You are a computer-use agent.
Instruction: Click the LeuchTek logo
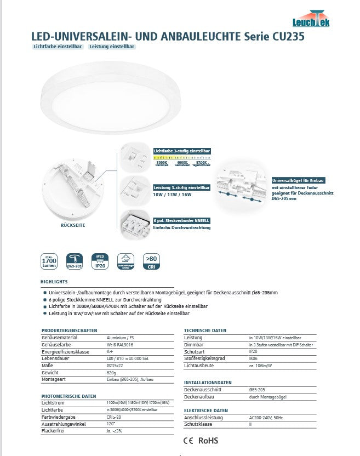coord(319,19)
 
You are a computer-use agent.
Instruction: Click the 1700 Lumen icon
coord(50,262)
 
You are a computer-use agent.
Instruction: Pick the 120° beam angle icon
coord(125,262)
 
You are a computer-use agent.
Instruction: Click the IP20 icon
coord(100,262)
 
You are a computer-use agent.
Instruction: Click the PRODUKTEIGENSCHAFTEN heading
coord(70,330)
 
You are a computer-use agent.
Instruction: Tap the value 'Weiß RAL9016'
coord(119,345)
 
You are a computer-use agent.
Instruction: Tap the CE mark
coord(187,440)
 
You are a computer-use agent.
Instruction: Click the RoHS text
coord(208,440)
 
